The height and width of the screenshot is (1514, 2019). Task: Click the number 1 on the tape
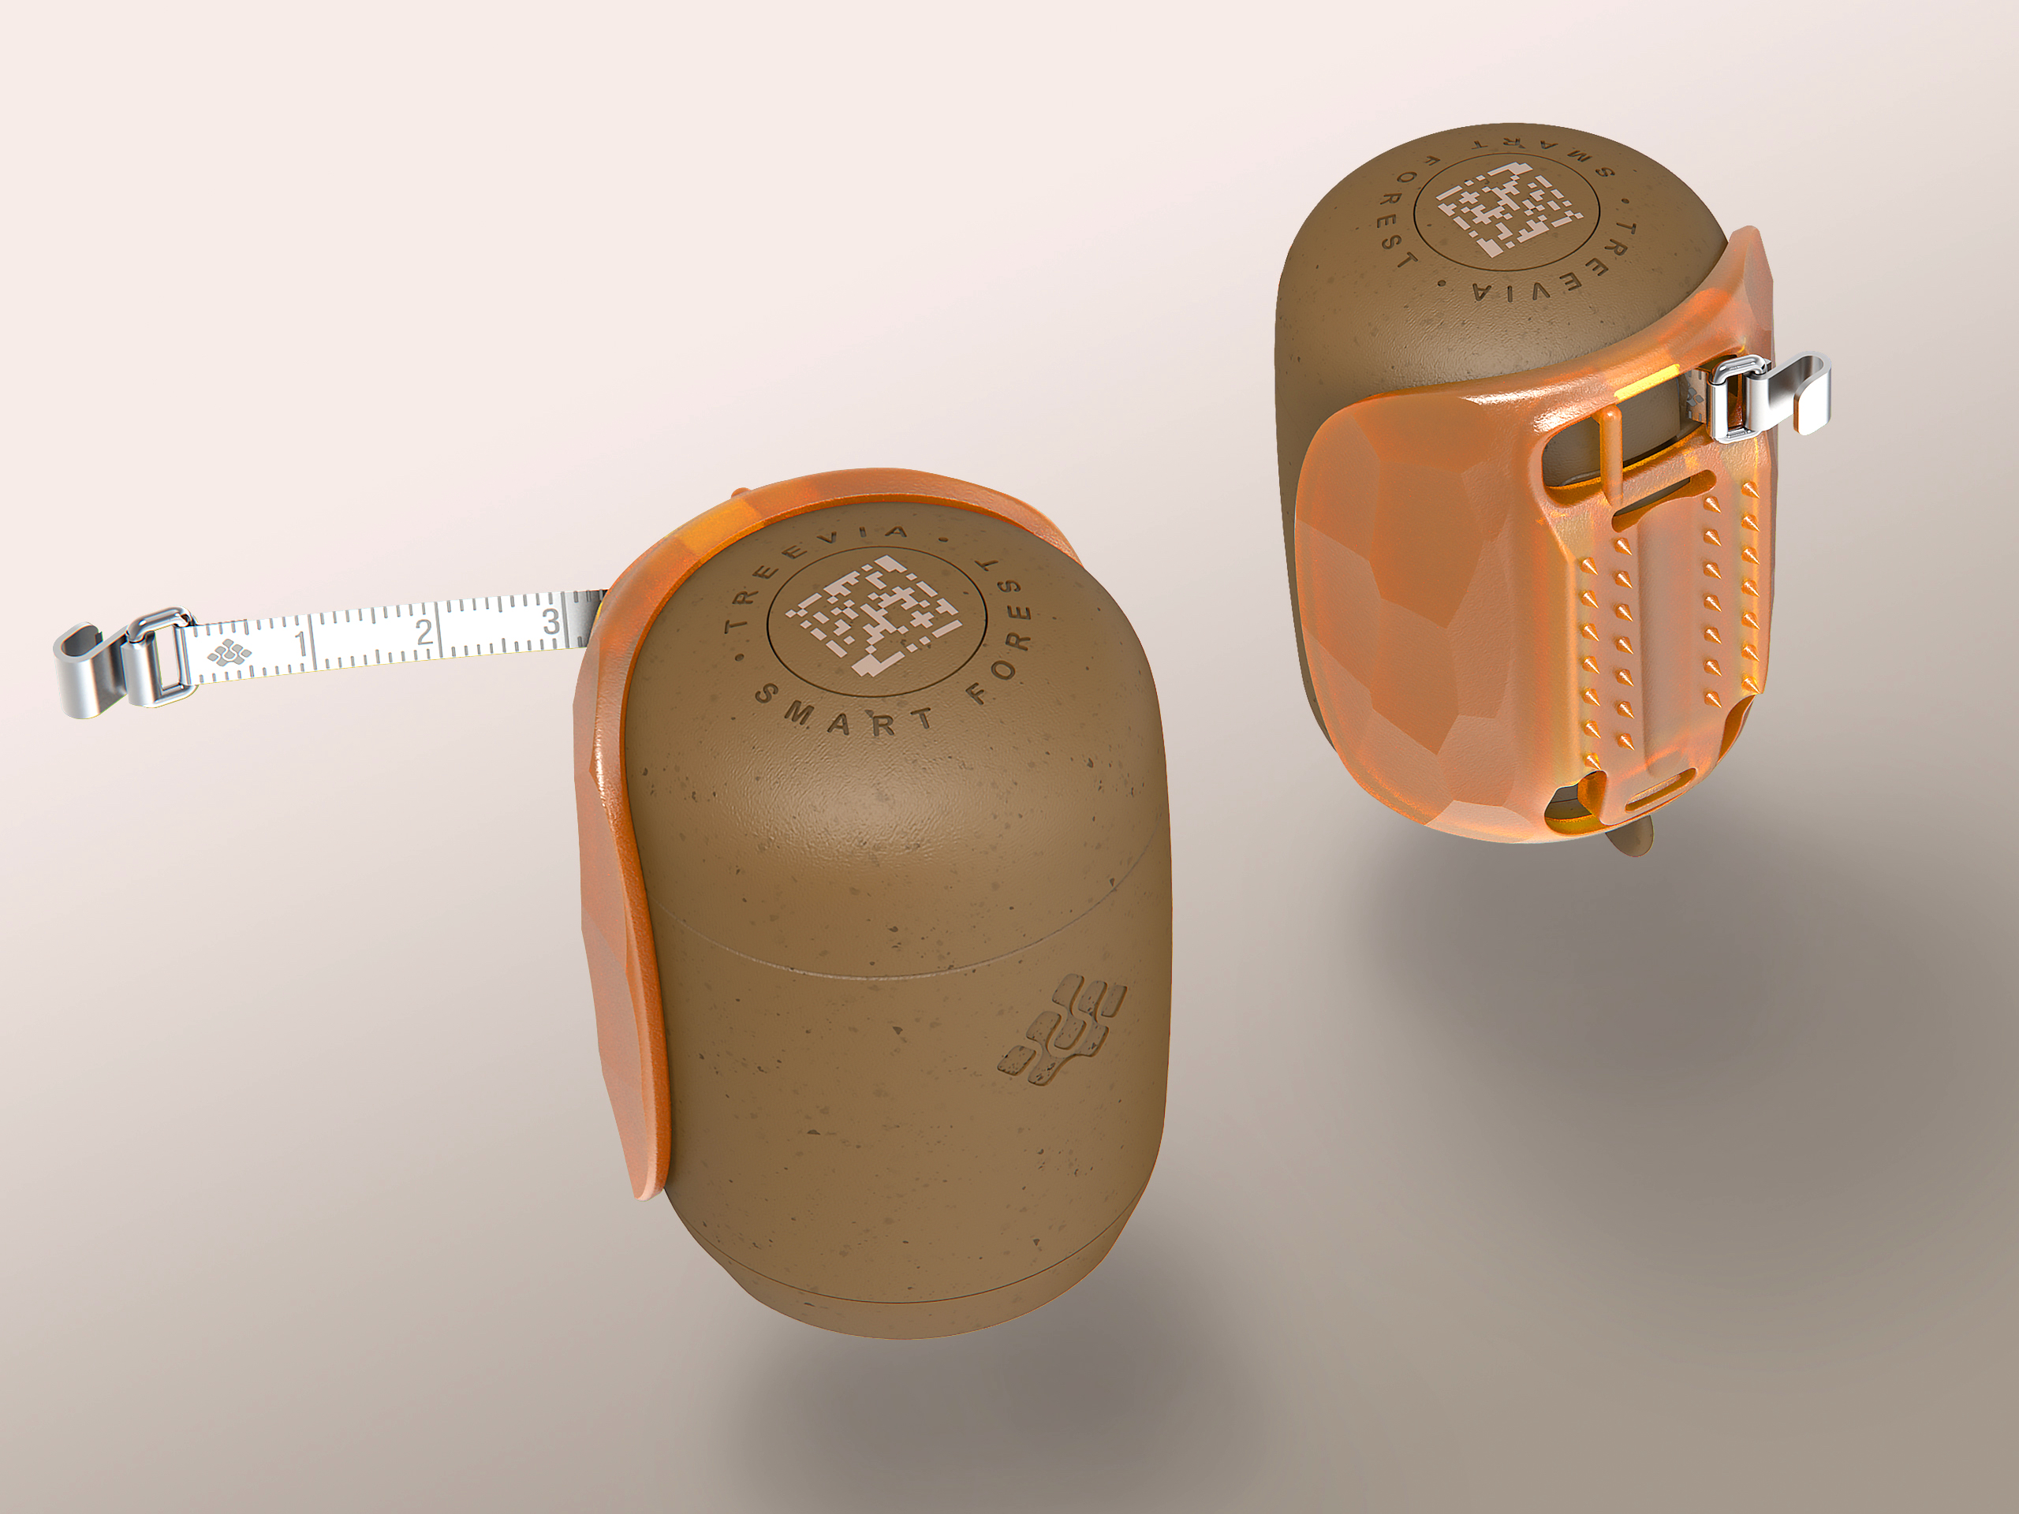302,643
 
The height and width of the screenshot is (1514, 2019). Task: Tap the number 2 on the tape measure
424,632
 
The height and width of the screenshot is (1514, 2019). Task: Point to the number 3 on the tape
550,621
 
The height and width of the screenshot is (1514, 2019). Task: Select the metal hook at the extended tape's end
87,671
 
